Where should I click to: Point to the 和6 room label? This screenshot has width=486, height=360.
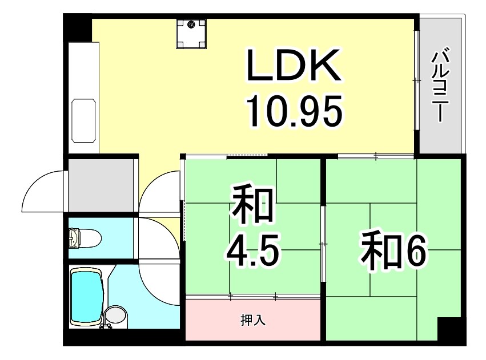coord(393,252)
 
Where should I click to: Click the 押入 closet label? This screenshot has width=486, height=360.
coord(252,321)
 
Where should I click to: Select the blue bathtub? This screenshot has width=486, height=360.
coord(87,297)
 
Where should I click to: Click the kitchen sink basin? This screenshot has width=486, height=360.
coord(83,121)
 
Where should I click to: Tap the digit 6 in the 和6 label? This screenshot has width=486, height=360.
coord(416,252)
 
